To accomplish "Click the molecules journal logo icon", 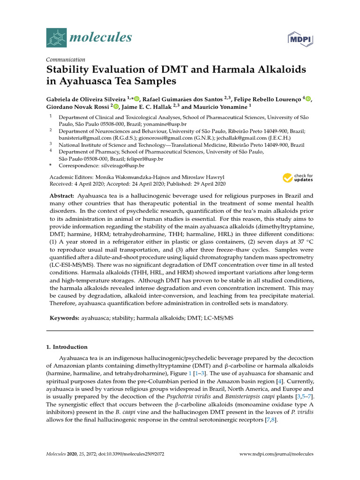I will (57, 37).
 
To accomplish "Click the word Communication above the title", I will (66, 60).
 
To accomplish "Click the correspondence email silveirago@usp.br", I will (123, 165).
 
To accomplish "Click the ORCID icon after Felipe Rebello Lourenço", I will (307, 98).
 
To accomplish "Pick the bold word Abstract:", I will (62, 195).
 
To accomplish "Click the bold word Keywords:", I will (65, 318).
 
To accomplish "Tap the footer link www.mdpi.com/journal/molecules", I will (276, 454).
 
